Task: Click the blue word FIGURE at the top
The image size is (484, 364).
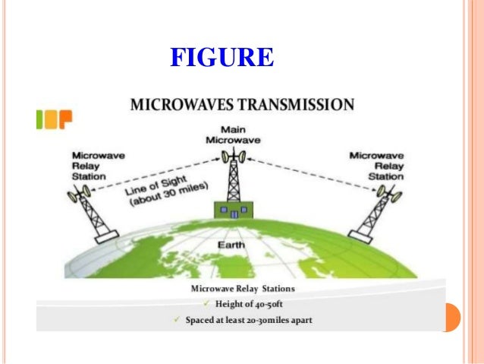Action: (x=222, y=57)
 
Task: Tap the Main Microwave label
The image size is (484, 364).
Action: (x=234, y=135)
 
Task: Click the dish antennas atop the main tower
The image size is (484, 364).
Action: (x=234, y=156)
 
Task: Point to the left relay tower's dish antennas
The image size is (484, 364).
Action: (x=78, y=195)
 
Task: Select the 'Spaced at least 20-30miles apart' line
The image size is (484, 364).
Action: (x=248, y=320)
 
